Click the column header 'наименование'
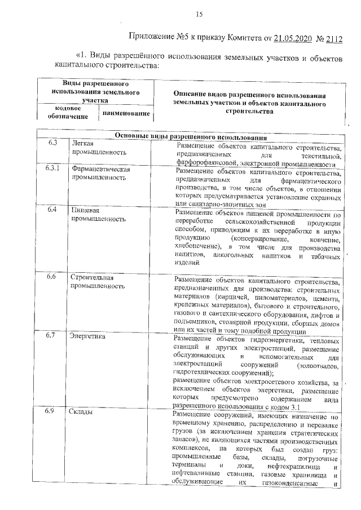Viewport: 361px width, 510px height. point(127,114)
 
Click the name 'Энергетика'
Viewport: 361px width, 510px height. point(88,337)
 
